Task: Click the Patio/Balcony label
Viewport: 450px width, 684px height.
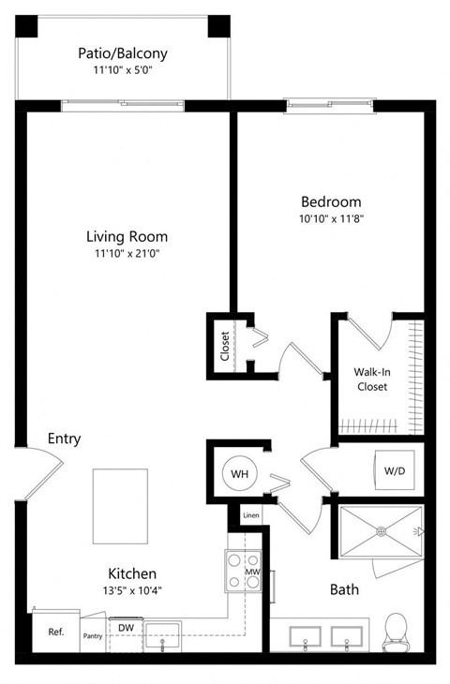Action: [123, 53]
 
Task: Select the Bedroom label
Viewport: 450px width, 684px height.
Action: [330, 201]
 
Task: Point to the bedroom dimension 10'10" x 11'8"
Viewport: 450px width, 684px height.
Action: [330, 219]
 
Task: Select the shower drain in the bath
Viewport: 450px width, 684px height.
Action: [381, 531]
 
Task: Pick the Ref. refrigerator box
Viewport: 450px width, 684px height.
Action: [55, 632]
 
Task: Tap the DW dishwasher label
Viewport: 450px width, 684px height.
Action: [125, 627]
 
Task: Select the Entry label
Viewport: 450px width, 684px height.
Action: [65, 439]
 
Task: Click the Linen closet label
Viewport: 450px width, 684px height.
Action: [250, 515]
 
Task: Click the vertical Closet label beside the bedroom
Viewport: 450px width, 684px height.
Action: [225, 346]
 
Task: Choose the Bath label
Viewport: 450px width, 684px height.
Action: [344, 590]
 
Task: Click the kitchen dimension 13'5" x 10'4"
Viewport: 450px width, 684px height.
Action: [130, 592]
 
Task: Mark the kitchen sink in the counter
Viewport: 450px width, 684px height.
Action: [164, 636]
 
